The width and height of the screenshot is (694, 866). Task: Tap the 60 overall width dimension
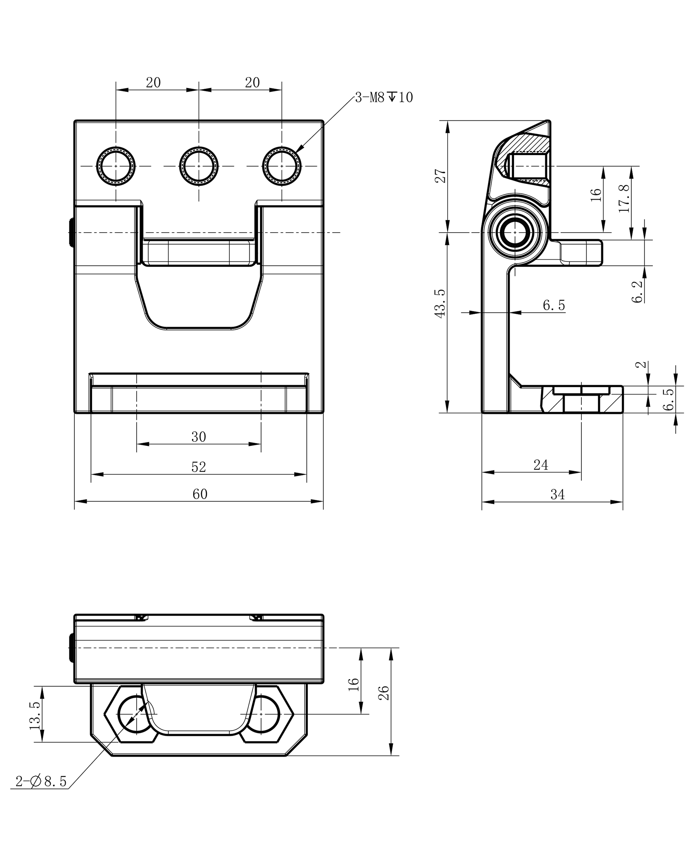point(200,494)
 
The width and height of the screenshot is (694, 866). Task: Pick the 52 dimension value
point(198,467)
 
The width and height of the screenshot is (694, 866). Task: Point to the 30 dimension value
point(198,437)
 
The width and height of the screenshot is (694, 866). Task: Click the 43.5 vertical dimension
point(440,303)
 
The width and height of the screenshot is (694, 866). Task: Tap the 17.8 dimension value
point(625,198)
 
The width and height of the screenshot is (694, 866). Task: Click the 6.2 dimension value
point(637,292)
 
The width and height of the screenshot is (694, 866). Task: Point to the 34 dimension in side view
point(557,494)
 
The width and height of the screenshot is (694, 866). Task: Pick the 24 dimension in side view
point(541,465)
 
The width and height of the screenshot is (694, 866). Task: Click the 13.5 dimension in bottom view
point(35,716)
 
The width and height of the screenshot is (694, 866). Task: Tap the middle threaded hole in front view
point(199,166)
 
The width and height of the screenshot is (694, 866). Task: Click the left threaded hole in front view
point(116,166)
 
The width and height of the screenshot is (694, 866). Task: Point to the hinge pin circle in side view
point(515,233)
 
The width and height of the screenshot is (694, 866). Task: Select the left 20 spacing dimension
point(153,83)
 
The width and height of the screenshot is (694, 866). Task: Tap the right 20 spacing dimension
point(252,83)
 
